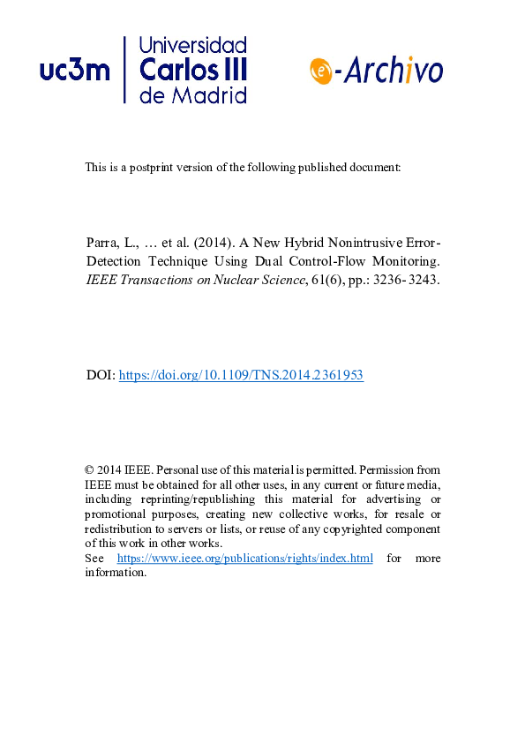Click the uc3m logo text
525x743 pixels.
[75, 71]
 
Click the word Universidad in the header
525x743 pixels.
[193, 46]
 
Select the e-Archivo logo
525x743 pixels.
[377, 70]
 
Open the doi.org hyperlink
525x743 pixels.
[241, 375]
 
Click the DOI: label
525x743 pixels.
[100, 375]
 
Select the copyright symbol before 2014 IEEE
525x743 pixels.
[89, 470]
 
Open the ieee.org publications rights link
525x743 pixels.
[244, 559]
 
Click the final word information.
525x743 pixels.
[116, 572]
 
